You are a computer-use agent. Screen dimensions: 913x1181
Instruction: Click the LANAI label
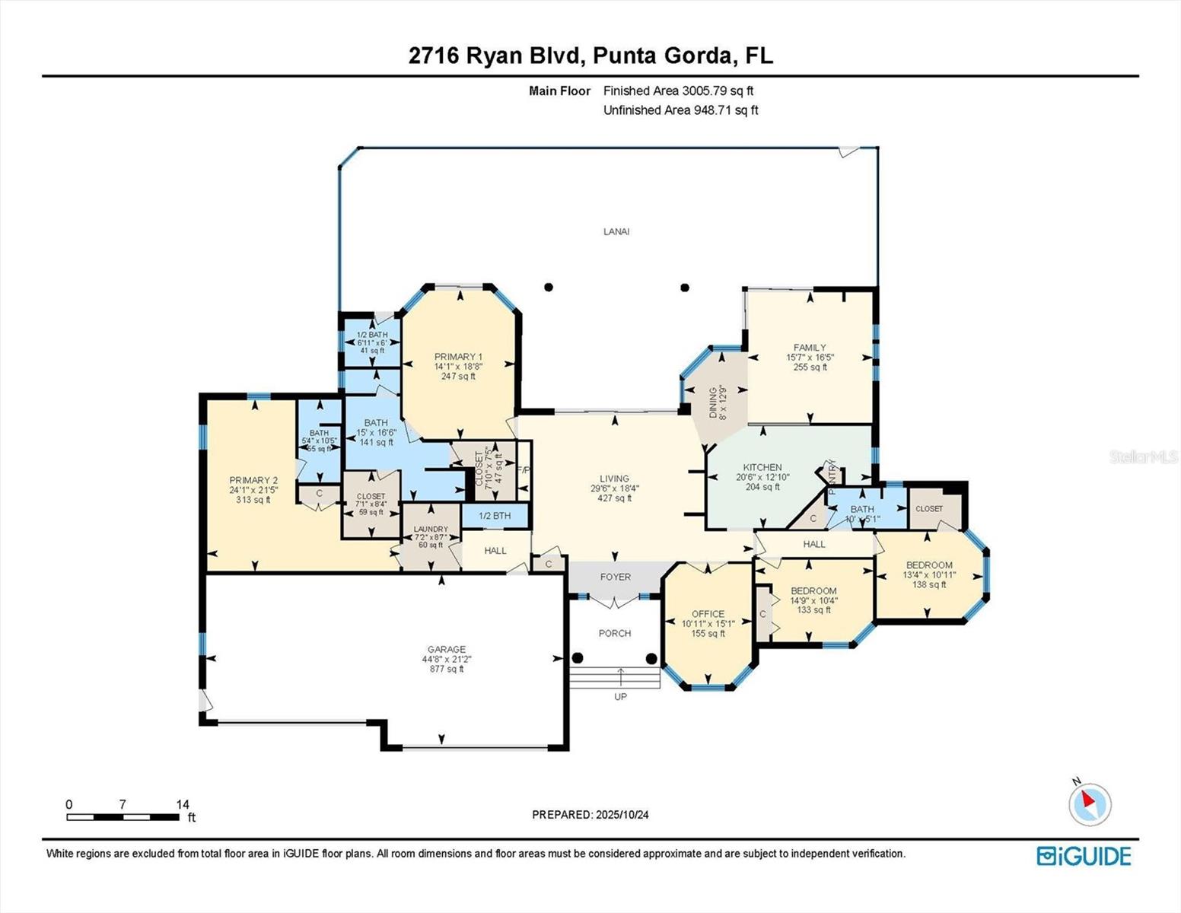coord(616,231)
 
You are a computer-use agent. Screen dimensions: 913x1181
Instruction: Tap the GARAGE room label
coord(446,650)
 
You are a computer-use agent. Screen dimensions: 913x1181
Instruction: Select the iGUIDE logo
coord(1084,856)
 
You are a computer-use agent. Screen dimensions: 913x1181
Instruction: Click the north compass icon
coord(1090,803)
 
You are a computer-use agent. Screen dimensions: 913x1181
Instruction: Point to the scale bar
coord(123,817)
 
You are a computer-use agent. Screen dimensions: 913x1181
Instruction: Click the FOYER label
coord(615,577)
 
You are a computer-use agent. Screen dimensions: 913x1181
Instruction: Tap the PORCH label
coord(615,633)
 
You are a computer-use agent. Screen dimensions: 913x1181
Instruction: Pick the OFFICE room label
coord(708,614)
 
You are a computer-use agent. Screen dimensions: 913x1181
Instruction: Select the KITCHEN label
coord(762,468)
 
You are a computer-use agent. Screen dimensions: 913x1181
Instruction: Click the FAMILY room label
coord(810,348)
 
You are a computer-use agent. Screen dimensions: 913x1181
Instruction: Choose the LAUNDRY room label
coord(431,530)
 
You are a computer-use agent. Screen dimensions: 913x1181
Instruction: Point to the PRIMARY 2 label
coord(253,480)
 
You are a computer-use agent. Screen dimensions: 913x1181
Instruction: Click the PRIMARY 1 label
coord(458,357)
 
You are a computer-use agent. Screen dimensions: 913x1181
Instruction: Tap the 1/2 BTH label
coord(495,516)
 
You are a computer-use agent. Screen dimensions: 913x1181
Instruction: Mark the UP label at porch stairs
coord(620,696)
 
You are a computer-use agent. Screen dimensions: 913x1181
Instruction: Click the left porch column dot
coord(578,658)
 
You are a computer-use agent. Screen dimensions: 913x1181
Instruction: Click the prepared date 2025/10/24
coord(590,814)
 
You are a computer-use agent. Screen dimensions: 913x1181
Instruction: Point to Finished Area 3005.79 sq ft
coord(678,91)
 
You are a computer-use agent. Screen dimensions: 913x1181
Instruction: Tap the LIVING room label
coord(614,479)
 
